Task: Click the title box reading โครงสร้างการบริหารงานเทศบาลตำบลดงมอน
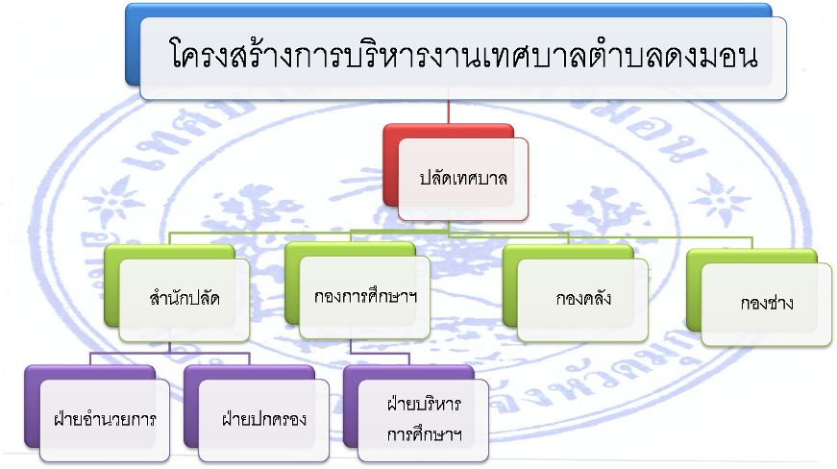[x=455, y=52]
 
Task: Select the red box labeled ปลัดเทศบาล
[x=455, y=172]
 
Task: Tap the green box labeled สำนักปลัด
[x=177, y=293]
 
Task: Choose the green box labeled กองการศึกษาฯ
[x=357, y=290]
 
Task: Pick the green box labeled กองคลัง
[x=576, y=293]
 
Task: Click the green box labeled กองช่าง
[x=759, y=298]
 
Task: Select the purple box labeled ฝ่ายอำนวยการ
[x=97, y=413]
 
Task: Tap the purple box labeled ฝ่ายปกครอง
[x=257, y=413]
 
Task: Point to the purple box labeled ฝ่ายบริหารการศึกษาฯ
[x=416, y=413]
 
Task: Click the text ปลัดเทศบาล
[x=463, y=178]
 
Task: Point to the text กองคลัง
[x=583, y=298]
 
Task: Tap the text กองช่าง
[x=767, y=303]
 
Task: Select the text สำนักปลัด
[x=185, y=297]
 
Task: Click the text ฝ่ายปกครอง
[x=264, y=418]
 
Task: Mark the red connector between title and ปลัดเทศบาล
[x=449, y=112]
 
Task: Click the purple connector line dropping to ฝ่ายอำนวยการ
[x=90, y=358]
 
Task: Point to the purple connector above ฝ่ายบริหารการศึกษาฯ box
[x=409, y=359]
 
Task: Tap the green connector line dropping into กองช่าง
[x=752, y=243]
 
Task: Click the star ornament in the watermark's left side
[x=115, y=201]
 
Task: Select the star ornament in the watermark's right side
[x=719, y=201]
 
